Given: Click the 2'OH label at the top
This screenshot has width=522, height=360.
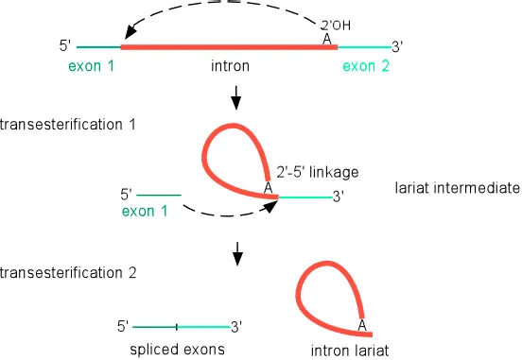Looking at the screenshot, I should [336, 26].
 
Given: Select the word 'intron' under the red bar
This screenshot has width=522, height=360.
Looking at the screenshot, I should [230, 66].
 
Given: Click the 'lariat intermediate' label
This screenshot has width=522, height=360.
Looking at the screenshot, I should [458, 188].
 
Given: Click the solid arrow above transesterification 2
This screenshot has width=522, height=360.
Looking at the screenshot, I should [238, 252].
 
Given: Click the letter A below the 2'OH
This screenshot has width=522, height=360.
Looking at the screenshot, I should [327, 40].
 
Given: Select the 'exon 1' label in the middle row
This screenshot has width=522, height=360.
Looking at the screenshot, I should [144, 212].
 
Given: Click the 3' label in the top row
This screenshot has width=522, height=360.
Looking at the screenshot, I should [397, 45].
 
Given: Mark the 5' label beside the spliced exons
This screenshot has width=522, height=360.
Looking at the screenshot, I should [123, 326].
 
